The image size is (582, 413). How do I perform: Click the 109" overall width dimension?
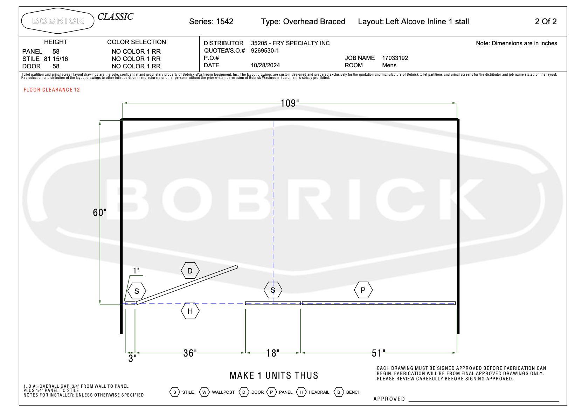click(x=290, y=103)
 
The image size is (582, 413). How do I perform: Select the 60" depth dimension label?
click(x=99, y=213)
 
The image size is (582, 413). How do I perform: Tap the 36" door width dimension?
click(x=190, y=353)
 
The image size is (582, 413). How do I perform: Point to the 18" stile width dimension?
click(x=272, y=353)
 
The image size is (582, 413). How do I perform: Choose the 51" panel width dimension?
click(x=378, y=353)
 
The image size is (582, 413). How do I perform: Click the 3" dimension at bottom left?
click(x=132, y=359)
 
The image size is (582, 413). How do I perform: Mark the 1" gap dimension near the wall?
click(x=136, y=271)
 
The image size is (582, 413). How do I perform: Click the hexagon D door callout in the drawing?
click(x=190, y=271)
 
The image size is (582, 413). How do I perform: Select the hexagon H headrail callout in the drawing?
click(x=190, y=311)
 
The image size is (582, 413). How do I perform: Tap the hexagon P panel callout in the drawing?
click(x=363, y=290)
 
